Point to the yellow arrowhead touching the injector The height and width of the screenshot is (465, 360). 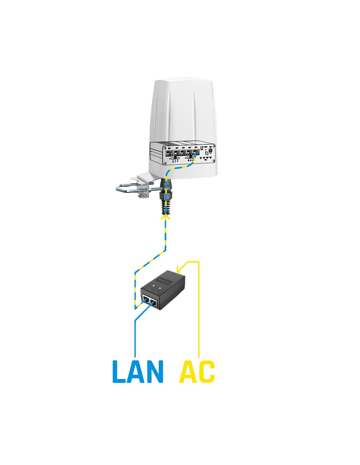click(x=178, y=270)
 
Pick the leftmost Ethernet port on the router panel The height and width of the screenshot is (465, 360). click(x=169, y=153)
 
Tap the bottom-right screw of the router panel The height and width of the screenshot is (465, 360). click(x=214, y=160)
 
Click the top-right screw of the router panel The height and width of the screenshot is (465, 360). click(x=214, y=146)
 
